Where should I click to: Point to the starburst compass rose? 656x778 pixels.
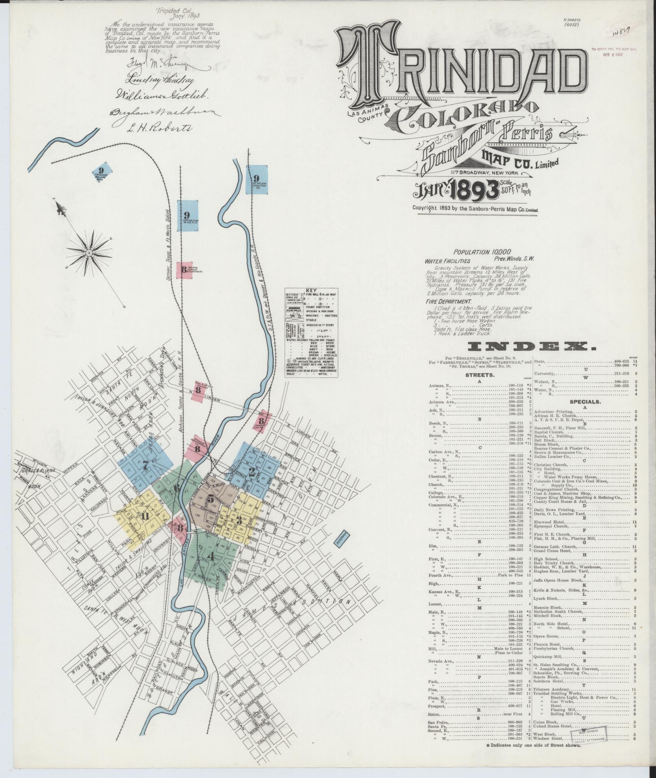click(88, 253)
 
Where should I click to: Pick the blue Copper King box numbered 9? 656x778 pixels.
click(187, 216)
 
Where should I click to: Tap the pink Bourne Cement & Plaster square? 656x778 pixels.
click(184, 269)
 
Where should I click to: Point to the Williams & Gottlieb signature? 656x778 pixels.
click(157, 95)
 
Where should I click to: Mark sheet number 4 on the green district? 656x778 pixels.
click(210, 556)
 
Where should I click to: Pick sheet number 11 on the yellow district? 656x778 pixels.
click(145, 516)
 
